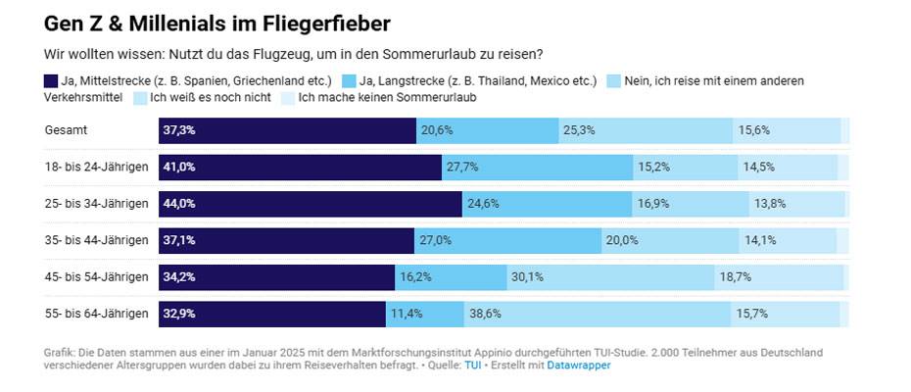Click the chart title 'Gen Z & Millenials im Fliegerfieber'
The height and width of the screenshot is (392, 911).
coord(211,22)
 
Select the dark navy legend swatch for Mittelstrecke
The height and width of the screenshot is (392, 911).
coord(52,80)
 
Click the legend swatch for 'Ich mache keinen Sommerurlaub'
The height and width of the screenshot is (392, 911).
coord(287,98)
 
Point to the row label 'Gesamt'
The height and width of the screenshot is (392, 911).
coord(65,130)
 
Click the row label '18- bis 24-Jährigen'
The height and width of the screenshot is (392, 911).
coord(96,167)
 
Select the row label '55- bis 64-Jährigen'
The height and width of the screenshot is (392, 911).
coord(96,314)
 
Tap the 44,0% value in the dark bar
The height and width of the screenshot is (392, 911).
coord(179,204)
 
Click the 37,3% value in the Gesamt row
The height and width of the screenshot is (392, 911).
coord(179,130)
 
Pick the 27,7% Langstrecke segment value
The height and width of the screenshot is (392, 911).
coord(462,167)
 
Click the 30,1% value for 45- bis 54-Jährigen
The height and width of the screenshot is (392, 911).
coord(527,277)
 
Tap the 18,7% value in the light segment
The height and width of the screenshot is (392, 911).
coord(735,277)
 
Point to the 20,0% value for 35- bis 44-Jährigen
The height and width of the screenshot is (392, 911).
coord(622,240)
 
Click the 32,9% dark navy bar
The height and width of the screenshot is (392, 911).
coord(272,314)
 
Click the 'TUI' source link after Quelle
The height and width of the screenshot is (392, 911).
coord(472,366)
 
